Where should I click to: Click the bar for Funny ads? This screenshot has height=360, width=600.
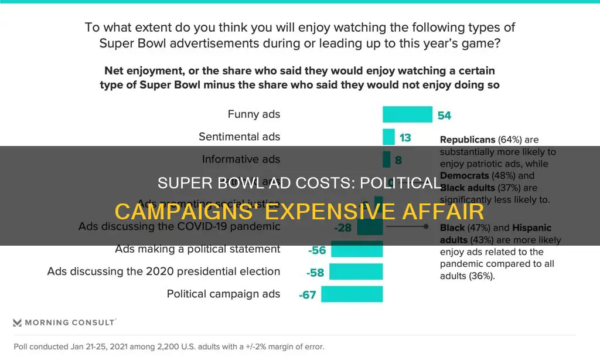(407, 114)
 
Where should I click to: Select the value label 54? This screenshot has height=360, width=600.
(444, 116)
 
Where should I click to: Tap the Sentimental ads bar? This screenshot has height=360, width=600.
(388, 137)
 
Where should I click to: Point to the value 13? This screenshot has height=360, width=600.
(405, 138)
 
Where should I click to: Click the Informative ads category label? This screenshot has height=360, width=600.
(241, 159)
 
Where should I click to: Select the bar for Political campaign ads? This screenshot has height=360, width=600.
(352, 294)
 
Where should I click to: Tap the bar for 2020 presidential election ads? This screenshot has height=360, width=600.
(356, 271)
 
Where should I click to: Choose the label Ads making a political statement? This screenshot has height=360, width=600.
(197, 249)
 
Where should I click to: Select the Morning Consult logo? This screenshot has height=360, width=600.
(64, 322)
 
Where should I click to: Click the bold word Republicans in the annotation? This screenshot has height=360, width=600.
(467, 140)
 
